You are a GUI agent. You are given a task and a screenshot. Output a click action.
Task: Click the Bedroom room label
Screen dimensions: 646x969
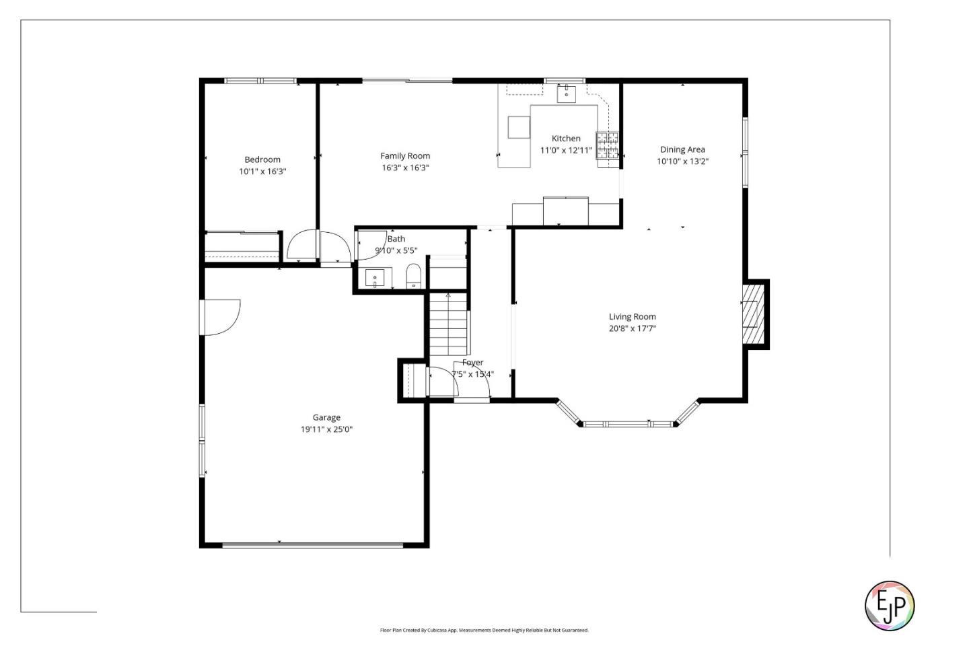point(262,159)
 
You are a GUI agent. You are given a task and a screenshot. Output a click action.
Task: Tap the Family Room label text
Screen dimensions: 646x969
point(405,156)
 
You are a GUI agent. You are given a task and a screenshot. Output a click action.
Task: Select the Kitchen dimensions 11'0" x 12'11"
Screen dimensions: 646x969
point(566,151)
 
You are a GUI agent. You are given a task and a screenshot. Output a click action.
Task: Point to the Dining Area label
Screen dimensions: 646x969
point(682,149)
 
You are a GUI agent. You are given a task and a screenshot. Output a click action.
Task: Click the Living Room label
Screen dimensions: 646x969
point(632,316)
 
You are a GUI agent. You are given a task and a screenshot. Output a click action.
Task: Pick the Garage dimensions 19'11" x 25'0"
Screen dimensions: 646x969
point(326,429)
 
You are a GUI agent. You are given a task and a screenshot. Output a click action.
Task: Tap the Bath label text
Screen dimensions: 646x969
point(396,239)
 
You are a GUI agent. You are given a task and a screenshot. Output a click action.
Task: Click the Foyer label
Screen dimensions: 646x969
point(472,363)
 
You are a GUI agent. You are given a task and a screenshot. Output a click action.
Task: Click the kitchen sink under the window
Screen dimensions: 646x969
point(566,93)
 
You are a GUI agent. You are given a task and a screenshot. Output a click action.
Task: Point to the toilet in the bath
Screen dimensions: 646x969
point(413,275)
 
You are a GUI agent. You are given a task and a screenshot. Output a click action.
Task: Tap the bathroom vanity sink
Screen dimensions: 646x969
point(374,277)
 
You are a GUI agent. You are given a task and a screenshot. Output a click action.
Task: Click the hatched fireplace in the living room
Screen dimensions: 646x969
point(753,314)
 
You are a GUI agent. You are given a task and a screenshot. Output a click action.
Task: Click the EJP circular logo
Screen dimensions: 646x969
point(889,606)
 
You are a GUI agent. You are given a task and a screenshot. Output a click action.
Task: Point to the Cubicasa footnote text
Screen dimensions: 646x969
point(484,631)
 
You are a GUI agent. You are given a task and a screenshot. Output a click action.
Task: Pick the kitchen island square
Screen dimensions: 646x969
point(519,127)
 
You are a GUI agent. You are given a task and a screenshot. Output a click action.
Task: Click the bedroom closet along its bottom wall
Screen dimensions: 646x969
point(242,246)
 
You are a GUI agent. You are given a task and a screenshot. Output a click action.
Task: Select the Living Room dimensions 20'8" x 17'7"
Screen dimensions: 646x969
point(632,328)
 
